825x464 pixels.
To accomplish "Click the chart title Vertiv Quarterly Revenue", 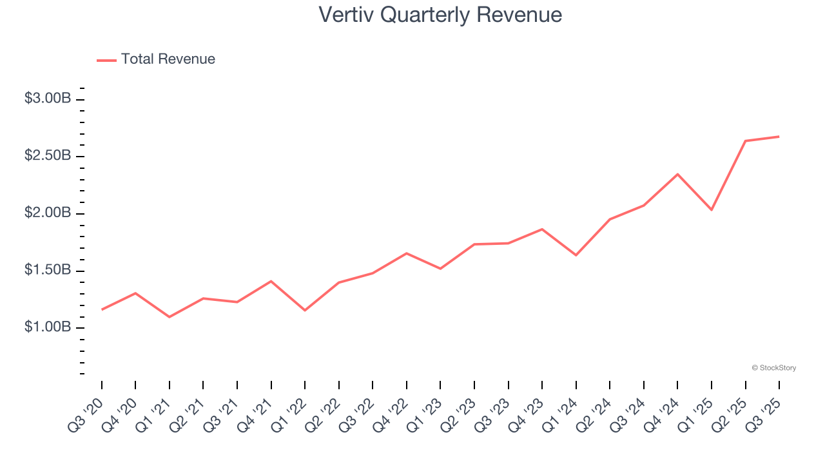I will point(440,15).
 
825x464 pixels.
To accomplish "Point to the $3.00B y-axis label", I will point(48,99).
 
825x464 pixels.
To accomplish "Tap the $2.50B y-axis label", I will point(48,156).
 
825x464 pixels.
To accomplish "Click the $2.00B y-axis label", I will point(48,213).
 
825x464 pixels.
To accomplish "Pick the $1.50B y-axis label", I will point(48,270).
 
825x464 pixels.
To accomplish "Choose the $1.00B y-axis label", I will point(48,327).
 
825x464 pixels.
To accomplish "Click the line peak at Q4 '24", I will point(677,174).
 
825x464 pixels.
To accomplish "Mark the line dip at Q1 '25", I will point(712,210).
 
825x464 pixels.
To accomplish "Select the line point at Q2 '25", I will point(745,140).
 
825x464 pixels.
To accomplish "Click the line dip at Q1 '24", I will point(576,255).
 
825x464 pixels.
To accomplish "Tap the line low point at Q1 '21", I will point(169,317).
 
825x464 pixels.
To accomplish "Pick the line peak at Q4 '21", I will point(271,281).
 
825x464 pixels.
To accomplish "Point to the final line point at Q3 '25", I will point(779,137).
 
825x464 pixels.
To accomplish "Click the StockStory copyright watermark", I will point(773,368).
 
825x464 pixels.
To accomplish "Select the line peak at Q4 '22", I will point(406,253).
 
